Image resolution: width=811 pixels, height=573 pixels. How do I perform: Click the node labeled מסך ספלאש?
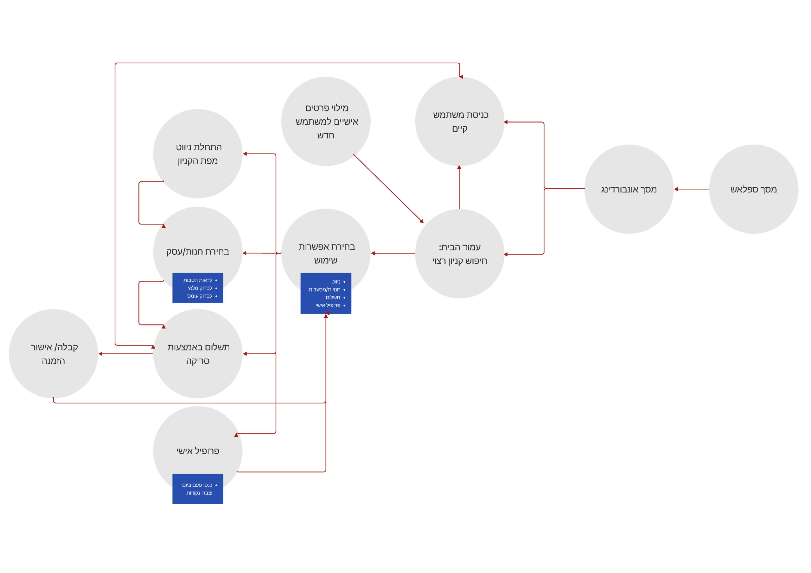click(753, 189)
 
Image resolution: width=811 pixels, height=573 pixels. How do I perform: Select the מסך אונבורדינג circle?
click(629, 189)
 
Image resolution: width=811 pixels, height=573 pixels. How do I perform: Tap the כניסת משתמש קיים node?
click(460, 122)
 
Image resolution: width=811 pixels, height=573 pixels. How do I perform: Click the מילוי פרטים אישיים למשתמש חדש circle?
click(326, 122)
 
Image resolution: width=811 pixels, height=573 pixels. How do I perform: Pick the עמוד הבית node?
click(460, 254)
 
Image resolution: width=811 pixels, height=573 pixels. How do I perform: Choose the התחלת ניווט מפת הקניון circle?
click(197, 154)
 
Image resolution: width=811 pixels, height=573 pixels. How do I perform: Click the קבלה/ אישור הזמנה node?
click(53, 354)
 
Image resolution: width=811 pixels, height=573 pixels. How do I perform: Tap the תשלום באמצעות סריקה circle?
click(197, 354)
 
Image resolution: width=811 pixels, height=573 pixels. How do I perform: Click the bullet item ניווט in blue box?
click(335, 282)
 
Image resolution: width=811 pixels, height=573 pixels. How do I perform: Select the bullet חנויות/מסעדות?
click(324, 289)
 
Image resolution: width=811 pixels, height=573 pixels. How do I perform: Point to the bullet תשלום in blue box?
click(333, 297)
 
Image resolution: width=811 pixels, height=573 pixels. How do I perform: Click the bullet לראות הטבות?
click(197, 280)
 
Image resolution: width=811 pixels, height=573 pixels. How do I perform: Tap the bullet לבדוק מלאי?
click(200, 288)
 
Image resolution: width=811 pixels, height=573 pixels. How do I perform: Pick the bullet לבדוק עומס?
click(200, 296)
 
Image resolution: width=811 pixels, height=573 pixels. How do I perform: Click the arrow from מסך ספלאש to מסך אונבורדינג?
click(692, 189)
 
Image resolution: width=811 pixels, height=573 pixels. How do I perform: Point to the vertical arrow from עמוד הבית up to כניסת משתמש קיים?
click(459, 187)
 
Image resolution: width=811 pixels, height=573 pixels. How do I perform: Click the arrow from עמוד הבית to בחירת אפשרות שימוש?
click(393, 254)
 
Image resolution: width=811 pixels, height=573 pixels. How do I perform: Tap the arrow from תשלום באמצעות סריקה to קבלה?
click(126, 354)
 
